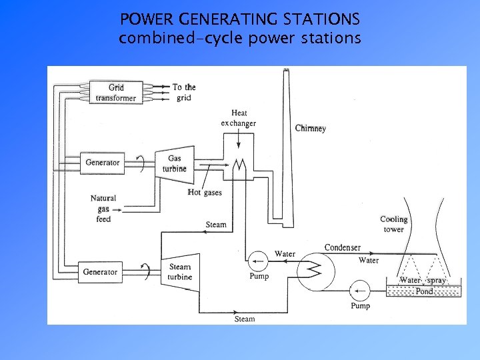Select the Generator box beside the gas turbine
click(103, 162)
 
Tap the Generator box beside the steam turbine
click(100, 272)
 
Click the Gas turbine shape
click(175, 164)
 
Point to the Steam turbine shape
click(179, 273)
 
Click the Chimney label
click(311, 128)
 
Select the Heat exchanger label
click(239, 119)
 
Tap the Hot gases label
click(205, 193)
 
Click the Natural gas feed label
click(103, 208)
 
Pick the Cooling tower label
click(393, 224)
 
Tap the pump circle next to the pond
click(361, 291)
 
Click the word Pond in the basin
click(424, 291)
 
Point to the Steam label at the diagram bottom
click(245, 319)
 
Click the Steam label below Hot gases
click(216, 225)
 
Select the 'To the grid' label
click(184, 92)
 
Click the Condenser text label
click(343, 248)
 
